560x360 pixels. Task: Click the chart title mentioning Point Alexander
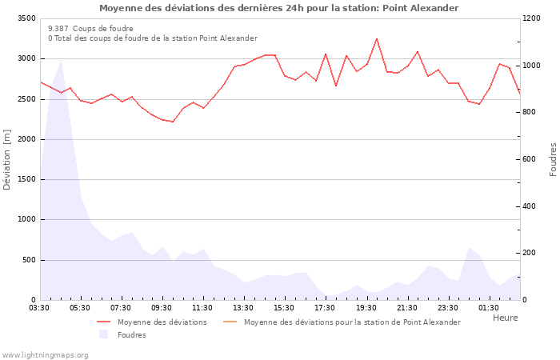click(279, 8)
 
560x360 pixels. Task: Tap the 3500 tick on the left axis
click(25, 18)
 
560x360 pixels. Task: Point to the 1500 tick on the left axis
click(25, 179)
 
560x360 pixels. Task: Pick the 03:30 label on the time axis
click(39, 308)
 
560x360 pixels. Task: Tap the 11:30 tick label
click(202, 308)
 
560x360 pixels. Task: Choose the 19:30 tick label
click(366, 308)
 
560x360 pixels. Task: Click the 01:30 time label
click(489, 308)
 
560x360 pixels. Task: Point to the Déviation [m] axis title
click(8, 159)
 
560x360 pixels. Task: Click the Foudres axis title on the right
click(553, 159)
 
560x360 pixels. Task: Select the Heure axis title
click(505, 318)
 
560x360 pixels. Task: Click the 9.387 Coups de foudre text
click(90, 28)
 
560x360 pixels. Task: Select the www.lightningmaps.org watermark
click(46, 354)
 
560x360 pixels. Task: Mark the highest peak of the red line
click(377, 38)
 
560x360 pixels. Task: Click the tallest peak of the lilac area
click(62, 60)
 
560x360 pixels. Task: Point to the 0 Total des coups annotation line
click(153, 38)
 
